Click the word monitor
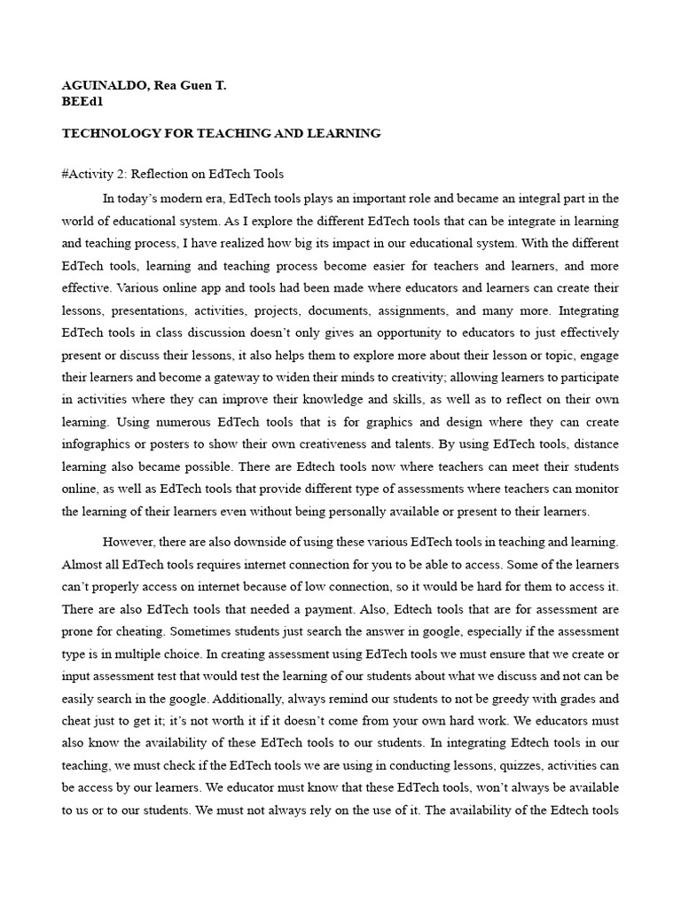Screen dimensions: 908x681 pos(597,489)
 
